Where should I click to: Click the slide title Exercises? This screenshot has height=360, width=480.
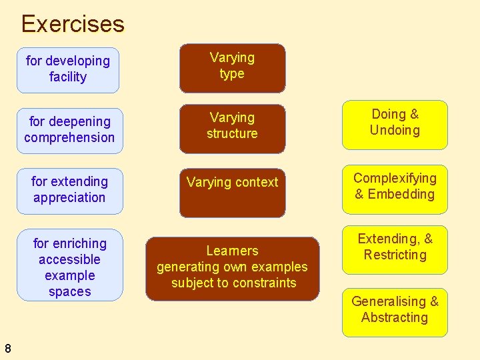coord(73,24)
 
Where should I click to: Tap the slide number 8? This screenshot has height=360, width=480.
coord(7,347)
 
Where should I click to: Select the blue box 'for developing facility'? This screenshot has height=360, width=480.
coord(68,69)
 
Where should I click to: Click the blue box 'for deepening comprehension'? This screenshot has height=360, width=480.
coord(69,130)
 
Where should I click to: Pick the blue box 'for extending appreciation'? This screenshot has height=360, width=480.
coord(69,190)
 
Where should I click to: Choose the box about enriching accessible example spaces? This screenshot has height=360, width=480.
coord(69,267)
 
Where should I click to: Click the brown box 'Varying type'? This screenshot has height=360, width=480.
coord(232,67)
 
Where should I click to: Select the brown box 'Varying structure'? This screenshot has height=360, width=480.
coord(232,127)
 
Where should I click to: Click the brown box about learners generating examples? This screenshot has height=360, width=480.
coord(232,268)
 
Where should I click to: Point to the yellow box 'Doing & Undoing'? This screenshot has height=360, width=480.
coord(395,124)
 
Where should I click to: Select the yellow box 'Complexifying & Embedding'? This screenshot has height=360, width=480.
coord(395,189)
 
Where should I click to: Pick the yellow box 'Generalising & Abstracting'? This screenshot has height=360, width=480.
coord(395,311)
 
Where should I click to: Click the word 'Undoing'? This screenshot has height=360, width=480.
coord(395,131)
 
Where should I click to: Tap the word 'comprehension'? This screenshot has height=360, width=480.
coord(69,138)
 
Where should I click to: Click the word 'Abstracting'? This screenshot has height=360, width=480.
coord(395,318)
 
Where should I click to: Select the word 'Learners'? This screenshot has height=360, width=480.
coord(232,251)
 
